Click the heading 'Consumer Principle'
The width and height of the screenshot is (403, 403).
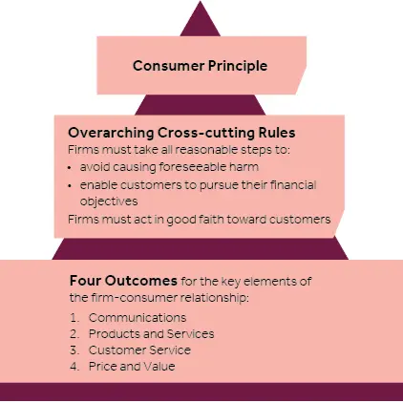point(200,66)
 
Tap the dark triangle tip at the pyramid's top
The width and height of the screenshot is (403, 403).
point(201,2)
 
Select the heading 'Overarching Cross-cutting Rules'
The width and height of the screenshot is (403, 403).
point(181,133)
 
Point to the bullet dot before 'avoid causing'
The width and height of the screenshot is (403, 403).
point(70,168)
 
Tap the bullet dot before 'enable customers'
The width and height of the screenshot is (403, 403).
point(70,186)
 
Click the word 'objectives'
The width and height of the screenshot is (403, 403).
point(109,201)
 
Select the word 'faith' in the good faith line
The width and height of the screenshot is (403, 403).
point(211,219)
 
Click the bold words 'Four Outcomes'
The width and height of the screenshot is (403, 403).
point(123,281)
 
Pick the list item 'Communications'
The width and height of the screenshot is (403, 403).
point(138,317)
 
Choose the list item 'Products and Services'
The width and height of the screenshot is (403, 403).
point(152,333)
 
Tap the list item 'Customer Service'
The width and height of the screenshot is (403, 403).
point(139,350)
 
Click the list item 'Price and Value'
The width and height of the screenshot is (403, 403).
point(132,366)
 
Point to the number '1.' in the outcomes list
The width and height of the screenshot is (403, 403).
point(74,318)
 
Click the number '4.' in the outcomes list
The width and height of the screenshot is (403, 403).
point(74,367)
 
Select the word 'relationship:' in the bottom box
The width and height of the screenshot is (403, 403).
point(215,298)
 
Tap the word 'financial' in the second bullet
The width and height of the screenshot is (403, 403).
point(293,184)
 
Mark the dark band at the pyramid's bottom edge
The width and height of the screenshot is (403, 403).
point(201,392)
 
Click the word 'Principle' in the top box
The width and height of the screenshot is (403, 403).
point(238,66)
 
